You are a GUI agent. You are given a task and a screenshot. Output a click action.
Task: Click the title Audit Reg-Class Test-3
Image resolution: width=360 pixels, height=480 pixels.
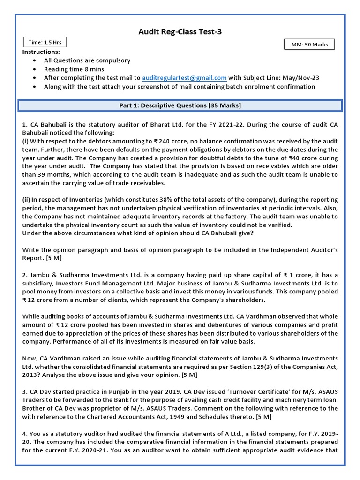click(x=180, y=31)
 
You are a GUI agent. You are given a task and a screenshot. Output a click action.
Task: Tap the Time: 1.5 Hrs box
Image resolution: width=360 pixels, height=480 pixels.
click(x=45, y=42)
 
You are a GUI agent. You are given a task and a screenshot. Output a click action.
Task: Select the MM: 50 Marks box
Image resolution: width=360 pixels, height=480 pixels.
click(x=309, y=45)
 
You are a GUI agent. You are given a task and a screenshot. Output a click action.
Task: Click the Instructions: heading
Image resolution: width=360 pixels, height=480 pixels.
click(x=41, y=52)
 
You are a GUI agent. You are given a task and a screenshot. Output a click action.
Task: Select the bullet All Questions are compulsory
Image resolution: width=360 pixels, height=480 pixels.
click(x=87, y=60)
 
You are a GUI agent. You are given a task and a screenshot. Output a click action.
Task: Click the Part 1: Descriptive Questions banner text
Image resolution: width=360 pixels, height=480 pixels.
click(x=180, y=105)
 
